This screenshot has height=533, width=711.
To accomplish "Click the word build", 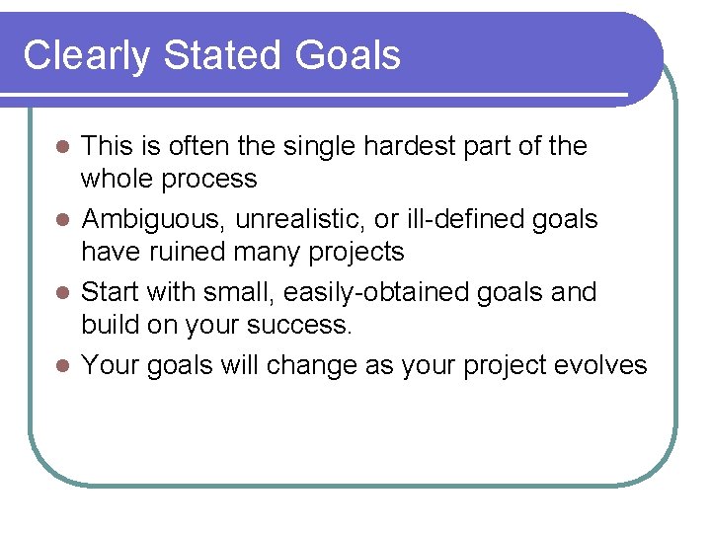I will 109,325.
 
